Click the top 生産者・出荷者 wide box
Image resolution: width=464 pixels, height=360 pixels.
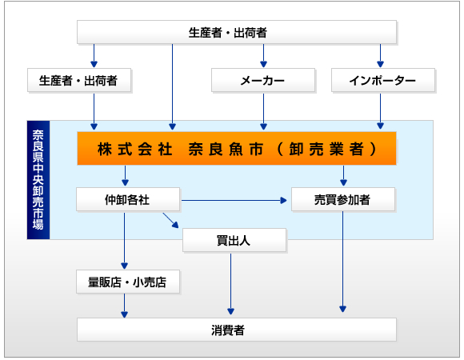point(237,32)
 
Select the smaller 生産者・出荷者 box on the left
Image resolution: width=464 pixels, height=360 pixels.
point(79,80)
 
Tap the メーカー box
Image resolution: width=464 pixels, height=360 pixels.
point(263,80)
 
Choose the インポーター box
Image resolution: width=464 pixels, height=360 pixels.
point(383,80)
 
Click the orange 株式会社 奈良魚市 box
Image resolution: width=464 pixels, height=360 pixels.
point(237,148)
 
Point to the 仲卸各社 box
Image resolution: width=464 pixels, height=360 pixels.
point(128,199)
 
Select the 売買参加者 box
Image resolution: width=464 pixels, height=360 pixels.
point(343,199)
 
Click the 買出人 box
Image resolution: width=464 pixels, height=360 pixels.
point(234,240)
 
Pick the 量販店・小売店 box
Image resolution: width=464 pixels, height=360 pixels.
point(128,282)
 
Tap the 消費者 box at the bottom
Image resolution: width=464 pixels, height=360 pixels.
point(237,330)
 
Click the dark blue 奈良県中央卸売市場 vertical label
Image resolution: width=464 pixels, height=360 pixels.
point(38,180)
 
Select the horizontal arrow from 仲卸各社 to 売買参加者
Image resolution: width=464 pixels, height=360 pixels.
point(234,201)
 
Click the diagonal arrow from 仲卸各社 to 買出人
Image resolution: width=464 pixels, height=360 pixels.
point(170,220)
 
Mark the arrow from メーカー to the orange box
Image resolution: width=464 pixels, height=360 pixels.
point(263,111)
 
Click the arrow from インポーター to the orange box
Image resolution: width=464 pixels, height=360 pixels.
point(380,111)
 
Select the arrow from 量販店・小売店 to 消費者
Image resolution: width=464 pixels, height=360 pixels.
point(124,306)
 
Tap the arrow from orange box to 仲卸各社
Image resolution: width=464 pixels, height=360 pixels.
point(125,176)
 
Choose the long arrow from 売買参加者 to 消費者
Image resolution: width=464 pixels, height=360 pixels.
point(342,262)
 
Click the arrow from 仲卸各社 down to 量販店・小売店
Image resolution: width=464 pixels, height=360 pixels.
point(124,241)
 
